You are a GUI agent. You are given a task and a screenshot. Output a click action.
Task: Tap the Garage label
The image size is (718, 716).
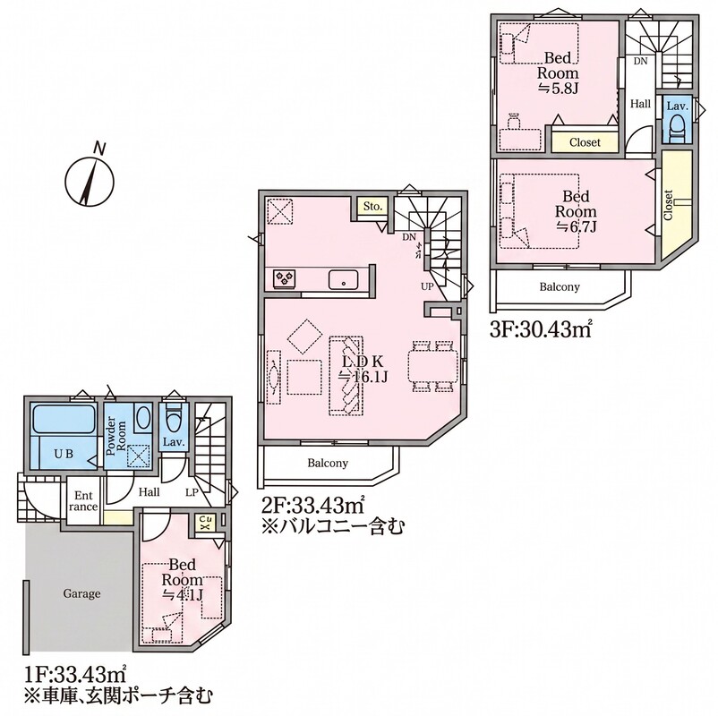[81, 593]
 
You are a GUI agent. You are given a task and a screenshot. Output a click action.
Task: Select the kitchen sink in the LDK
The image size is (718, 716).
[343, 279]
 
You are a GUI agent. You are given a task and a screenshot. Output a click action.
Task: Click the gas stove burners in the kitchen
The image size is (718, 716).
[285, 278]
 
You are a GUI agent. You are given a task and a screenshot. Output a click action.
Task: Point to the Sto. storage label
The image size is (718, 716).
[372, 207]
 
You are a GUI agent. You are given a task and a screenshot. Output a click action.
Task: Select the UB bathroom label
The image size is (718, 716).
[64, 454]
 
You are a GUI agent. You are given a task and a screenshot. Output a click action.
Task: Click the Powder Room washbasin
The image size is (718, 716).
[144, 417]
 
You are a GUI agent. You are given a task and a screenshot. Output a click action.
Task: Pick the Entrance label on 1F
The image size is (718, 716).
[83, 501]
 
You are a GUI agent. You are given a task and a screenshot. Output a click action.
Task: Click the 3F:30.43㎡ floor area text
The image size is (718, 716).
[540, 329]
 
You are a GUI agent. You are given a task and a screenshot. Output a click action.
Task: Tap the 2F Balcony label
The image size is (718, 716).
[328, 463]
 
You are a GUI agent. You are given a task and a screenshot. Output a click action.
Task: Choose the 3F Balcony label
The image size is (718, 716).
[560, 287]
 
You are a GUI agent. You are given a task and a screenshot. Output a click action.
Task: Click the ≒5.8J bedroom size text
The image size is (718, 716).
[557, 89]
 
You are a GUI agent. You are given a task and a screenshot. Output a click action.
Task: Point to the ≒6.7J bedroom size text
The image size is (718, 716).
[576, 226]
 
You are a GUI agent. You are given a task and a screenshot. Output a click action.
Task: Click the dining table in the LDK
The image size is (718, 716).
[432, 366]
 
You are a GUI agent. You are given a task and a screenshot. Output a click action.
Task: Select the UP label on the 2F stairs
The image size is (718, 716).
[427, 287]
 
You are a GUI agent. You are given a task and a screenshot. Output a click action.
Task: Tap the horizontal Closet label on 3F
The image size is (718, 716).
[585, 142]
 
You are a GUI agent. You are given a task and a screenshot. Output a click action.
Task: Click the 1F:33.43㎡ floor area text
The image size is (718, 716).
[74, 673]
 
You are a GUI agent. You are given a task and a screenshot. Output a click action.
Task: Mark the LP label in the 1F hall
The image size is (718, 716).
[192, 492]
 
